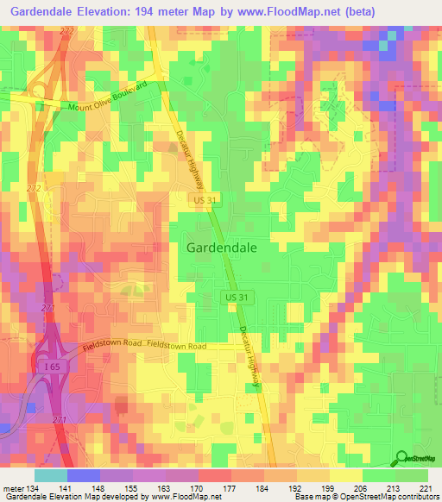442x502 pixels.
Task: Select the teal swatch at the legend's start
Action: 51,475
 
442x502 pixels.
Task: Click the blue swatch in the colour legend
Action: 84,475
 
